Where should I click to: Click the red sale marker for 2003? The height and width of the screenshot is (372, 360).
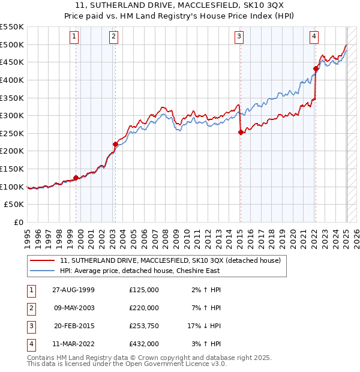point(115,144)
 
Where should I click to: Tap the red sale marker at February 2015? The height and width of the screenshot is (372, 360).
point(241,133)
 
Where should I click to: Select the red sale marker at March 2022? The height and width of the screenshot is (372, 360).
point(316,68)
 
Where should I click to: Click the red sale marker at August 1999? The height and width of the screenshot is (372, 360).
point(76,178)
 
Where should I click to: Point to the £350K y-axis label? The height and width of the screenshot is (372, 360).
point(12,98)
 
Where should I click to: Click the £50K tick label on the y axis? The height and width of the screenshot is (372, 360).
point(15,205)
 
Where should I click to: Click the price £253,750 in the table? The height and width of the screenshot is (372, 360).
point(144,326)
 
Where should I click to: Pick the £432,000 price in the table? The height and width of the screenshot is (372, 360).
point(144,344)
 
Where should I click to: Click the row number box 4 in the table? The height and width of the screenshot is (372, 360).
point(31,344)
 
